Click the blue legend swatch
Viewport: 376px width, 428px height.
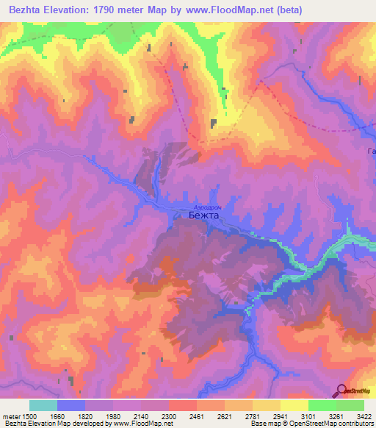pos(71,405)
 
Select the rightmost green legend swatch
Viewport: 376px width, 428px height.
pos(350,405)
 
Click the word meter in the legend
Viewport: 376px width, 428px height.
pos(10,417)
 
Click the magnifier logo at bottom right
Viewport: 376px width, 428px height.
pos(342,390)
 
